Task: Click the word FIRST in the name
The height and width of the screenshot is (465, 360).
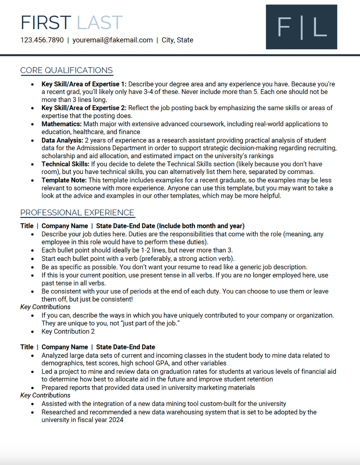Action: pyautogui.click(x=46, y=23)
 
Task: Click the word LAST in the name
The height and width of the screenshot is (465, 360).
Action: pyautogui.click(x=100, y=23)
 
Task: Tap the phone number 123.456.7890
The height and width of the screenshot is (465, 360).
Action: pyautogui.click(x=42, y=40)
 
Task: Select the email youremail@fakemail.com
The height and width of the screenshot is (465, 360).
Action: pyautogui.click(x=112, y=40)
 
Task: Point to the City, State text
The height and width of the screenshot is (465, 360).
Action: pyautogui.click(x=177, y=40)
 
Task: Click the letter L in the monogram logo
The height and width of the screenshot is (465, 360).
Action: pyautogui.click(x=320, y=27)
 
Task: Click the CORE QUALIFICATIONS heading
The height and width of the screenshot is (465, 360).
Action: pyautogui.click(x=66, y=70)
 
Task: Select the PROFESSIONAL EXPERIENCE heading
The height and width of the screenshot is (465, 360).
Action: pyautogui.click(x=77, y=213)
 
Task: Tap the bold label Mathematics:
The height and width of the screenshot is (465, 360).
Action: pyautogui.click(x=61, y=124)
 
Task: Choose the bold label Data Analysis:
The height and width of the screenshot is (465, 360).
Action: pyautogui.click(x=62, y=140)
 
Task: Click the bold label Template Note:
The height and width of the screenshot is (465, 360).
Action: pyautogui.click(x=64, y=180)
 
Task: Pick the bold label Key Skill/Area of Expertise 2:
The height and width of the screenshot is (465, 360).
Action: pyautogui.click(x=84, y=108)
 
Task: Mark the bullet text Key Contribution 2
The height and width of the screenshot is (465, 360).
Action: pyautogui.click(x=68, y=331)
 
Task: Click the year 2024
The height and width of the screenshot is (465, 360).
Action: pyautogui.click(x=116, y=420)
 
